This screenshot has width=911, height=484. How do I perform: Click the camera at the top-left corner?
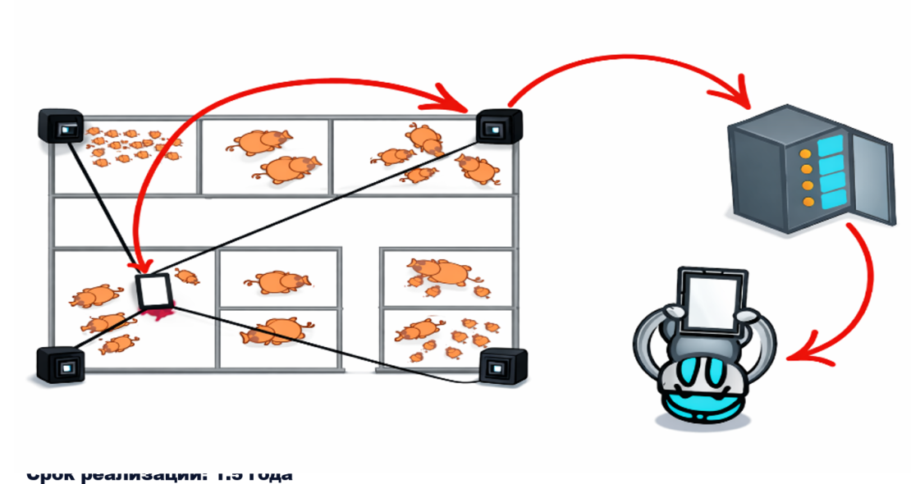[x=62, y=127]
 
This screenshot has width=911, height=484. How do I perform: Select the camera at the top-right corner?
[x=498, y=126]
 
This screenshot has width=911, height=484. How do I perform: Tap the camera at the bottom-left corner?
[x=60, y=363]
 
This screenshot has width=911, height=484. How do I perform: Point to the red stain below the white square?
[x=158, y=313]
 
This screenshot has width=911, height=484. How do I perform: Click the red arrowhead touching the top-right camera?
[x=456, y=105]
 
